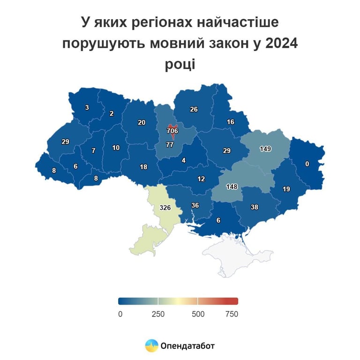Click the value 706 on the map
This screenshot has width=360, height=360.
(x=172, y=131)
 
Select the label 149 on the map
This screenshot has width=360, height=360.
(x=266, y=149)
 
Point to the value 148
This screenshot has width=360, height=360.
(x=232, y=187)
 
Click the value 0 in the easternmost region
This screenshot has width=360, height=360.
(x=307, y=164)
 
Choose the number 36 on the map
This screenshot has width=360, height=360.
(x=195, y=205)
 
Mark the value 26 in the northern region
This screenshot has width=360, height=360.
(x=194, y=110)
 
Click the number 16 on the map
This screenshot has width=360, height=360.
(x=230, y=122)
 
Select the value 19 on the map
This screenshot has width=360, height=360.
(x=286, y=189)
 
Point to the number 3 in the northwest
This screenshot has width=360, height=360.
(x=87, y=107)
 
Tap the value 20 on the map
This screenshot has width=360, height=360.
(x=142, y=122)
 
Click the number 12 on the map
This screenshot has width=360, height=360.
(x=201, y=179)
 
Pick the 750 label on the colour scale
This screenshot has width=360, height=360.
(x=232, y=314)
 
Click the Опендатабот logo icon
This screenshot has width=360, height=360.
(x=151, y=346)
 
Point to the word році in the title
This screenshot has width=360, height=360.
(x=180, y=64)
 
